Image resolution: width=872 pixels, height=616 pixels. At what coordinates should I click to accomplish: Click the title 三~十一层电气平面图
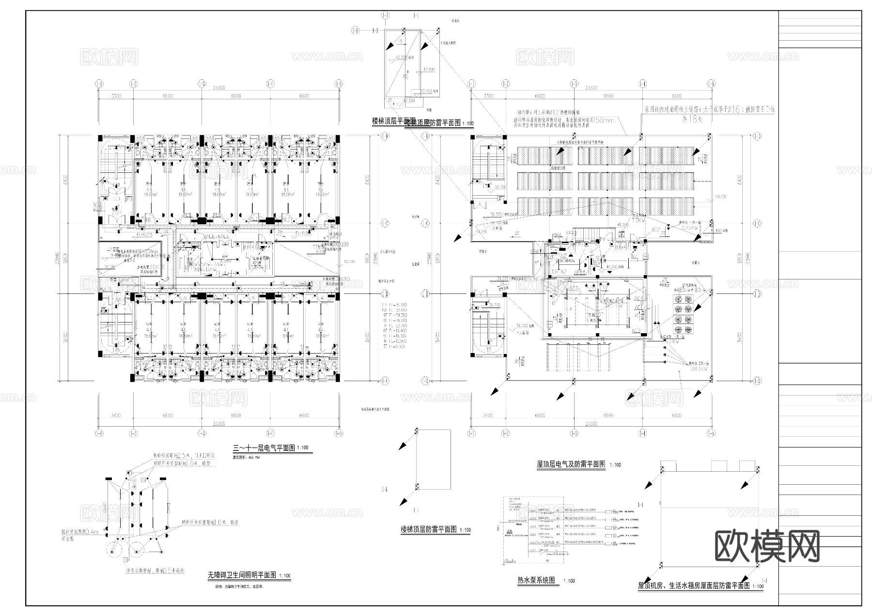coord(264,448)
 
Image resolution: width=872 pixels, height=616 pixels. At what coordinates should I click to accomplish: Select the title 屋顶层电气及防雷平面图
coord(571,464)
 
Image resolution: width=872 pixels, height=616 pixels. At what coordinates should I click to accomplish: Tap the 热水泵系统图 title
coord(536,580)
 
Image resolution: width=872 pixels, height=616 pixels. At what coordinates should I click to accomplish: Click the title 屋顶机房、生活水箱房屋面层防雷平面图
coord(693,585)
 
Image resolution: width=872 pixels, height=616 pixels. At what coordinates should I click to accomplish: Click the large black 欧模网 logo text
coord(767,546)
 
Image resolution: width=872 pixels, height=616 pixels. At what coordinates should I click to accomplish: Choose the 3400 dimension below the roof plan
coord(488,416)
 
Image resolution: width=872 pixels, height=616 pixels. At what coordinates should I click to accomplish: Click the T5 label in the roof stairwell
coord(489,350)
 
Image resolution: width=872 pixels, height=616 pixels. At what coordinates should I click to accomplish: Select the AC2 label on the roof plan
coord(655,230)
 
